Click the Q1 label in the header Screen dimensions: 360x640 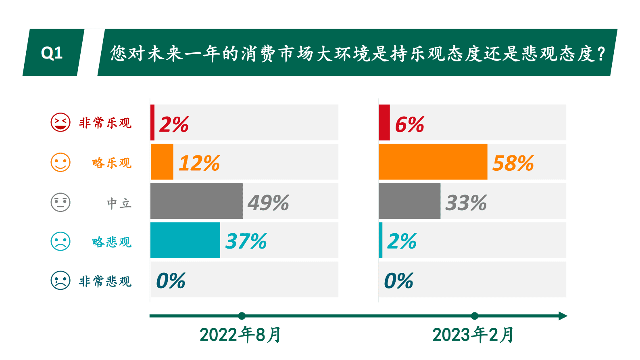click(x=52, y=53)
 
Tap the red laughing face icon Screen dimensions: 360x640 click(x=60, y=122)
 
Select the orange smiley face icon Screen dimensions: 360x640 click(x=60, y=162)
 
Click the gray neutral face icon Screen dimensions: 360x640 click(x=60, y=202)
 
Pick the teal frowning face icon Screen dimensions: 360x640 click(x=60, y=241)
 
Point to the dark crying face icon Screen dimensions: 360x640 click(x=60, y=280)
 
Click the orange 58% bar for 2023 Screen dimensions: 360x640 click(x=433, y=162)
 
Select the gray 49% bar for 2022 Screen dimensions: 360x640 click(x=196, y=201)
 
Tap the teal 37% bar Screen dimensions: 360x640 click(x=185, y=240)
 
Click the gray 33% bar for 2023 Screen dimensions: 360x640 click(x=409, y=201)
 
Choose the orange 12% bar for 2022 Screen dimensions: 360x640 click(x=162, y=162)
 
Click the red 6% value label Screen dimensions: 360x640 click(x=409, y=124)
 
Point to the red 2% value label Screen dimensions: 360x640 click(x=174, y=124)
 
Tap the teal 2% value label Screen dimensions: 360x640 click(x=402, y=241)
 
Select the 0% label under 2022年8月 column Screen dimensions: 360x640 click(x=171, y=281)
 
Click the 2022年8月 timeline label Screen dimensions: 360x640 click(x=240, y=335)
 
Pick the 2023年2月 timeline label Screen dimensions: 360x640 click(x=473, y=335)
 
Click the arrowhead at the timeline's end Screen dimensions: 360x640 click(x=563, y=316)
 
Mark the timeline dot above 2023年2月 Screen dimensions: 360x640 click(x=475, y=316)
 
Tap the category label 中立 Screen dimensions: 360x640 click(x=119, y=203)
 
